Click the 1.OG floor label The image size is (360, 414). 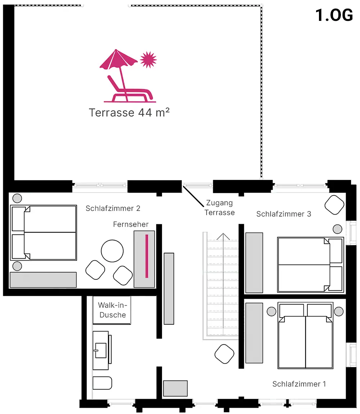(x=334, y=15)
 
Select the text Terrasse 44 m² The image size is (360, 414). (x=129, y=113)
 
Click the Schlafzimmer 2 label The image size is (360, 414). (x=113, y=208)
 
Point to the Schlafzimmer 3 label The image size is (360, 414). (x=284, y=214)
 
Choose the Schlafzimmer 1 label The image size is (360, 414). (x=299, y=384)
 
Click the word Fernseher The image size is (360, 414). (x=131, y=224)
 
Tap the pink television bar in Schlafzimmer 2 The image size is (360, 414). (x=147, y=256)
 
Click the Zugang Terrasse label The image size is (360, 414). (x=220, y=208)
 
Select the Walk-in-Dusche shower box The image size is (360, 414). (x=112, y=310)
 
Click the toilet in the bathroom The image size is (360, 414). (x=103, y=383)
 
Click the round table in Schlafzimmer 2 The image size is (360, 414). (x=112, y=251)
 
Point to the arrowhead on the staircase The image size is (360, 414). (x=223, y=236)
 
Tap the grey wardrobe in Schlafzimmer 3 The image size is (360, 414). (x=254, y=262)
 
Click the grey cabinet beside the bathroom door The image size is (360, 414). (x=175, y=388)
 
